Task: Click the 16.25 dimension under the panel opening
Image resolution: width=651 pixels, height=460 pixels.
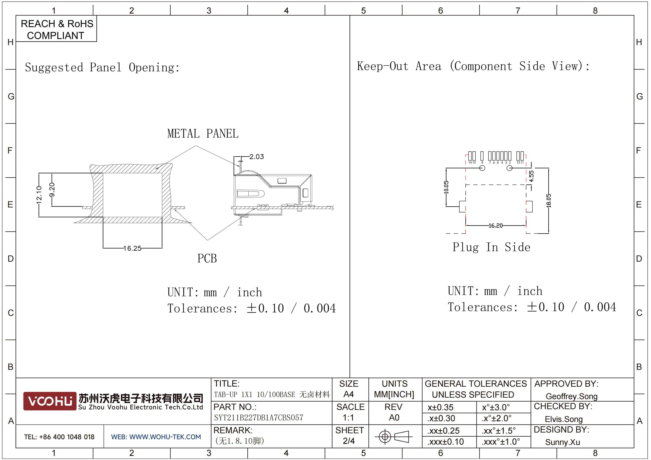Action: click(x=133, y=248)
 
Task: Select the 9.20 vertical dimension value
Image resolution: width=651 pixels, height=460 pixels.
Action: click(x=52, y=190)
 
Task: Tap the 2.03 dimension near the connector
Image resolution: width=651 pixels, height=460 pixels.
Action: click(x=257, y=157)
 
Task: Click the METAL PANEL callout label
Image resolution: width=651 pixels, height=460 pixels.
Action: click(x=203, y=133)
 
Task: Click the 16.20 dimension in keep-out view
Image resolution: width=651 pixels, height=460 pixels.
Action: click(x=495, y=226)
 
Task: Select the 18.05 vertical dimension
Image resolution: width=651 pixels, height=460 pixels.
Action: click(x=549, y=201)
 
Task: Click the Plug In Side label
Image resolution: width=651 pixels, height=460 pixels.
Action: click(x=491, y=247)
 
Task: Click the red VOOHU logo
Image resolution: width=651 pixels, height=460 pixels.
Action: click(x=50, y=401)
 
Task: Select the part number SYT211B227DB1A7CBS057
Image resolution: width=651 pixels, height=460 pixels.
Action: click(x=259, y=418)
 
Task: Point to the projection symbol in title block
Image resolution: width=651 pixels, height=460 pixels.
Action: click(x=394, y=436)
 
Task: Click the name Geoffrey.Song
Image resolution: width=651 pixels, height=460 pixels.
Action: click(x=572, y=396)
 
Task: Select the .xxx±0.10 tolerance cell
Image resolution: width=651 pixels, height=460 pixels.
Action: click(x=446, y=442)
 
